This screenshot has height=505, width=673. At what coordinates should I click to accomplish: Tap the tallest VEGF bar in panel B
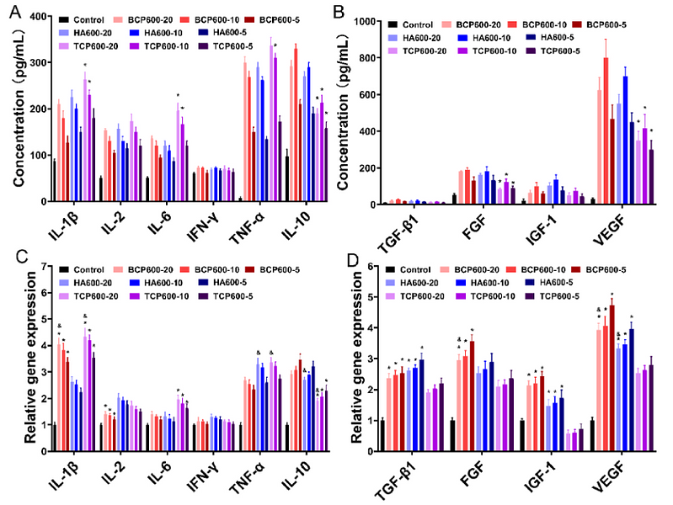(606, 130)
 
